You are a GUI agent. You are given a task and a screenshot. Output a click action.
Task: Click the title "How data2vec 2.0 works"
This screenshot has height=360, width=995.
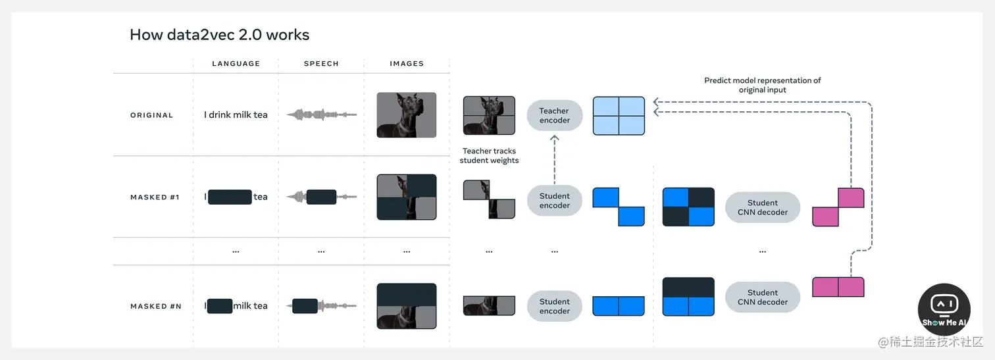coord(219,35)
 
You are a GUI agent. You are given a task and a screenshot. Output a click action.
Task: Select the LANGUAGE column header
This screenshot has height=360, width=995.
coord(236,64)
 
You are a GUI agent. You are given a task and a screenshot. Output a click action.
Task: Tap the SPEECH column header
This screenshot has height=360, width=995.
coord(321,64)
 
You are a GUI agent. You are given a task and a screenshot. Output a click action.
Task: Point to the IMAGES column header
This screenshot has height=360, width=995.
coord(407,64)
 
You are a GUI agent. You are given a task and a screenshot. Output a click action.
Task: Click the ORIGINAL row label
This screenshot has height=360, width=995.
coord(151,115)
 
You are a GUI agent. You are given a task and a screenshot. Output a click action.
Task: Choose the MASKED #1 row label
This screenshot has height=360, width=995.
coord(155,197)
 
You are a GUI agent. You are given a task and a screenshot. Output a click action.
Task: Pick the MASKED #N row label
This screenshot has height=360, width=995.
coord(156,306)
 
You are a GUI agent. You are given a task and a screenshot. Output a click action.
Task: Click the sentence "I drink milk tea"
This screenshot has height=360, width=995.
coord(236,115)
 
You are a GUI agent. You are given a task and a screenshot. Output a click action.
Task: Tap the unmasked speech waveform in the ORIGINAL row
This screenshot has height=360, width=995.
coord(321,115)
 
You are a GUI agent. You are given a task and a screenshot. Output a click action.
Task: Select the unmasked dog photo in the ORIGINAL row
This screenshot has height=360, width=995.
coord(407,115)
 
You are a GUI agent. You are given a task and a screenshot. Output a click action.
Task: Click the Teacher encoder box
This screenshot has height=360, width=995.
coord(554,116)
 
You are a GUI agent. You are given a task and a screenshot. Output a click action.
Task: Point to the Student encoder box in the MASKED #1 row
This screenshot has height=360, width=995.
coord(555,201)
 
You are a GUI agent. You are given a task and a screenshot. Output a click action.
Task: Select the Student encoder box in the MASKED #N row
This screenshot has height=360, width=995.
coord(555,306)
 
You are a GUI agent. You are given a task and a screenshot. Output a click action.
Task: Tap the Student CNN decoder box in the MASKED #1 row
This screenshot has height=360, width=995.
coord(763,208)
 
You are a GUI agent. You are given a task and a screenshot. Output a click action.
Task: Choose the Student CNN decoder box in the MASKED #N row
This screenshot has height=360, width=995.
coord(763,297)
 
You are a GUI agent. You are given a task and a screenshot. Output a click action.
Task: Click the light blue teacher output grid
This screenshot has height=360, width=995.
coord(619,116)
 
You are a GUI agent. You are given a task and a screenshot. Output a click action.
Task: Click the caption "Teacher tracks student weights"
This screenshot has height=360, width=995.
coord(490,156)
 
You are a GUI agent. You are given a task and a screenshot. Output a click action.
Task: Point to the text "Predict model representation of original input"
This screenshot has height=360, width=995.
coord(763,85)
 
